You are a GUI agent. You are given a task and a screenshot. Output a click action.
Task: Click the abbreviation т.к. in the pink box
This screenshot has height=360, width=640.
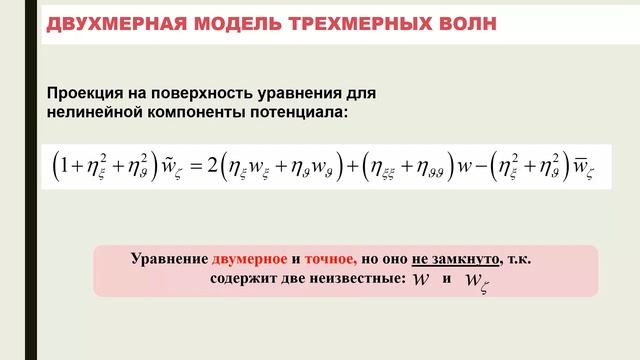coord(519,259)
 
